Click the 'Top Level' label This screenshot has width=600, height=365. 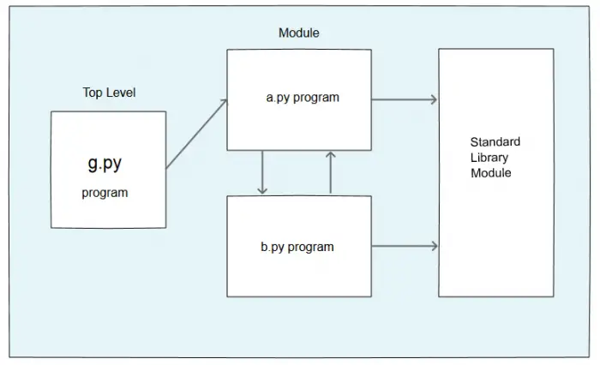coord(109,93)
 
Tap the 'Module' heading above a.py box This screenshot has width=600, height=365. coord(299,33)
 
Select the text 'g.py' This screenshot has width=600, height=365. coord(105,164)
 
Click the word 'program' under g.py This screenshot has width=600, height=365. coord(105,193)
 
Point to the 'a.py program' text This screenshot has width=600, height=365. coord(303,98)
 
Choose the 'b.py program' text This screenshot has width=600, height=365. coord(297,247)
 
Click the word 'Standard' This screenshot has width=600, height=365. coord(495,142)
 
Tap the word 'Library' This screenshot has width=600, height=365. coord(489,158)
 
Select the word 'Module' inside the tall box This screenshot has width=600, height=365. coord(491,173)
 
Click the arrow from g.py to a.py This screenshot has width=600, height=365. coord(196,134)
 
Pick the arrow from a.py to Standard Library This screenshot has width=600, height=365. coord(405,100)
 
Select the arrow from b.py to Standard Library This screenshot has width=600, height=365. coord(405,246)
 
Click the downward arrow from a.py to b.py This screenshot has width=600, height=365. coord(262,172)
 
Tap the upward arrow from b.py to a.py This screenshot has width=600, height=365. coord(331,172)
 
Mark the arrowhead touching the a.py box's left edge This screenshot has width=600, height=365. coord(225,103)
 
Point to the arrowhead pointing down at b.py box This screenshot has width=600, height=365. coord(262,190)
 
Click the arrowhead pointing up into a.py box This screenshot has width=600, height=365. coord(331,155)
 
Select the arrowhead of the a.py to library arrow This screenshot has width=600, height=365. coord(434,100)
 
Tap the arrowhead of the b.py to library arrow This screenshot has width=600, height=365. coord(435,246)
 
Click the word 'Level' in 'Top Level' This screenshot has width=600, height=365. coord(121,93)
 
